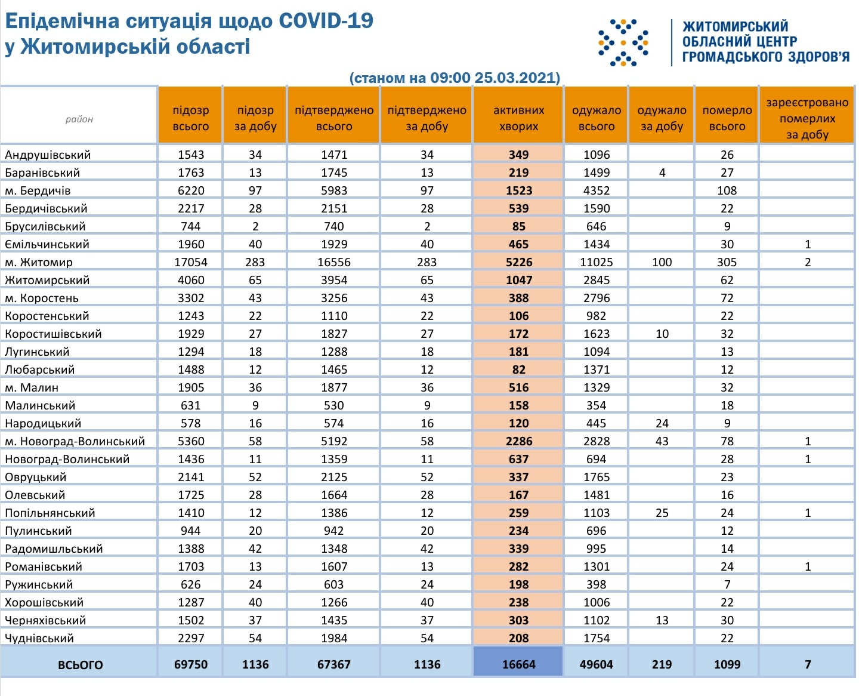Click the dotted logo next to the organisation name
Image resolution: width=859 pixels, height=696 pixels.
click(623, 42)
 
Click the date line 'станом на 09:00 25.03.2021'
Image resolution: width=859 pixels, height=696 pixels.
click(455, 78)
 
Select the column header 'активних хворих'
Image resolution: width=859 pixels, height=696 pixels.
click(518, 118)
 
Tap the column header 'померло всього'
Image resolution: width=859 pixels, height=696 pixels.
click(727, 118)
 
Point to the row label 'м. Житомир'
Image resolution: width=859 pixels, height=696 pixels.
click(39, 262)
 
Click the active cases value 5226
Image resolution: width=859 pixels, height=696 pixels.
click(518, 262)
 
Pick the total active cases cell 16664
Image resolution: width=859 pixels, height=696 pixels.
click(518, 664)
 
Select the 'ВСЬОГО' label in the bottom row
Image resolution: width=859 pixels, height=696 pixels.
click(80, 665)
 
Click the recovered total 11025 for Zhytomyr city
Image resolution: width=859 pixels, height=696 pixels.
click(597, 262)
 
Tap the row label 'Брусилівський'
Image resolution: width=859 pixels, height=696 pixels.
click(45, 226)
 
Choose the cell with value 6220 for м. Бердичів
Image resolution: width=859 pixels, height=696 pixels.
click(191, 190)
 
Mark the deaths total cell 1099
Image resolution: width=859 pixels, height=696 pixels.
click(727, 664)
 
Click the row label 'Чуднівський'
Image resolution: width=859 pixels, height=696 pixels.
click(39, 638)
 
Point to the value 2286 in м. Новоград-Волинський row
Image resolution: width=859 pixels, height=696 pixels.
click(518, 441)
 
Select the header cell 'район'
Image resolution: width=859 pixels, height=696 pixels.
click(79, 119)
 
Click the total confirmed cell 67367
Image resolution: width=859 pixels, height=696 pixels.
click(334, 664)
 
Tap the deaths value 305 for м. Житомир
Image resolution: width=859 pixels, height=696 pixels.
click(727, 262)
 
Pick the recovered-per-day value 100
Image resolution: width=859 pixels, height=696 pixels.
click(662, 262)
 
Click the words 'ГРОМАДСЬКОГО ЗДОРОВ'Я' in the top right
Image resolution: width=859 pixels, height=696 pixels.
click(766, 57)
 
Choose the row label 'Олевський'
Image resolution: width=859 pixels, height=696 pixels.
click(35, 495)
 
